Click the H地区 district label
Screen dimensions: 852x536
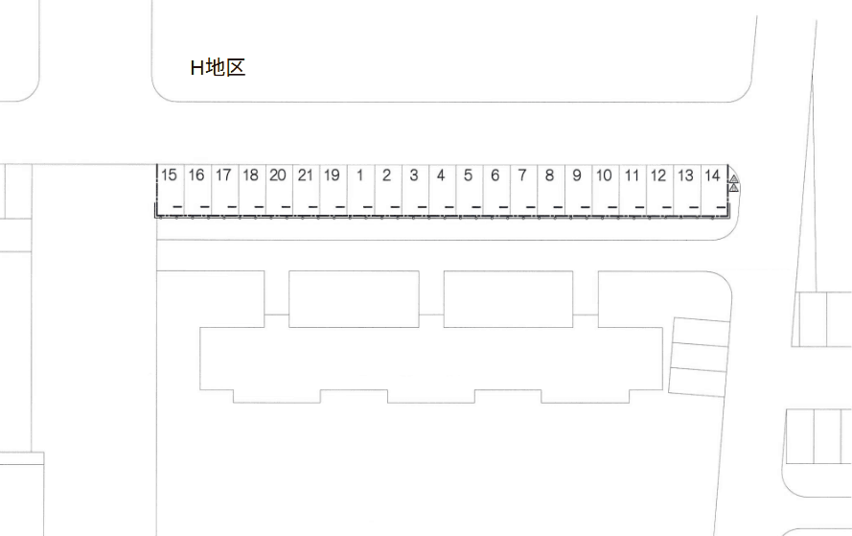[x=218, y=67]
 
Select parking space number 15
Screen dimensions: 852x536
[x=171, y=190]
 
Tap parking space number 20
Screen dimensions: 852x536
[x=279, y=190]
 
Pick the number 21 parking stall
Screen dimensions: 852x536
[x=307, y=190]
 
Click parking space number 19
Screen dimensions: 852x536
[x=334, y=190]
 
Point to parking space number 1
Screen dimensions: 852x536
[x=360, y=190]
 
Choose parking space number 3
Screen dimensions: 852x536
[x=416, y=190]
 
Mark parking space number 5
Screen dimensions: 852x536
[x=470, y=190]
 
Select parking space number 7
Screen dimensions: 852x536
[x=524, y=190]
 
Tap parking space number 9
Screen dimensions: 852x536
[x=579, y=190]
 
